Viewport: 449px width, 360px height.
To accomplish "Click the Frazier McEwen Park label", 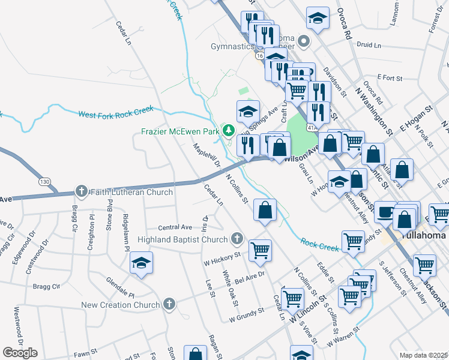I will (181, 131).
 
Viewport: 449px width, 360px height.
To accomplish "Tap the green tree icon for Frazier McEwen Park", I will (228, 130).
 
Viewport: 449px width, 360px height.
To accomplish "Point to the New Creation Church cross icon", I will (169, 304).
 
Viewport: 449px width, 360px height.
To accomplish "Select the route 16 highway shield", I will (259, 55).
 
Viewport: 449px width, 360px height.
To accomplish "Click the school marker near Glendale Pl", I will (142, 263).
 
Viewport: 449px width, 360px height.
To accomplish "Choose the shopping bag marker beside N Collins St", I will (265, 210).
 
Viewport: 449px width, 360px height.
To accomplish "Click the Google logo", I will (20, 353).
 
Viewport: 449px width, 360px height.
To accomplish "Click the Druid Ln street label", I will (369, 45).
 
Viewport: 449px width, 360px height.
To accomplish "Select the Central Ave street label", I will (175, 227).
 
